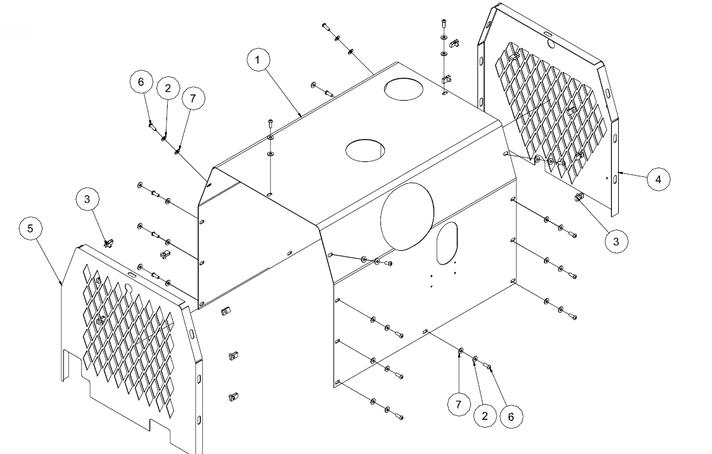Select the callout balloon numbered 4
pos(658,179)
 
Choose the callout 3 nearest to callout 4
pos(616,241)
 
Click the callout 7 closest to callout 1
pos(193,99)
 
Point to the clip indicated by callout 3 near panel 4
pos(579,198)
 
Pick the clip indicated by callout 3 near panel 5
pos(109,241)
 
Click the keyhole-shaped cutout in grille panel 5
pos(128,289)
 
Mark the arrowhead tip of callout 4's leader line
pos(619,171)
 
